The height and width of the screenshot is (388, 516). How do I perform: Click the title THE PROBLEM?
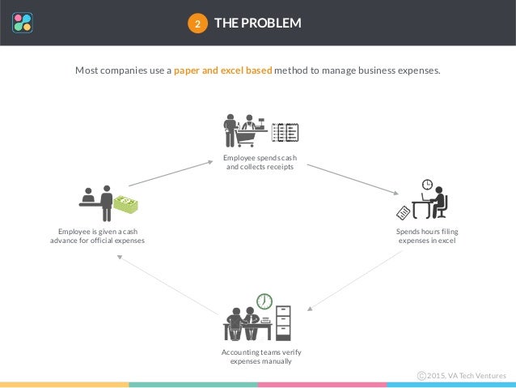coord(257,23)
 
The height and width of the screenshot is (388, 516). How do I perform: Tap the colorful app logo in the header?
coord(23,22)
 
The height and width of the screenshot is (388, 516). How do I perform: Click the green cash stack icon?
coord(125,204)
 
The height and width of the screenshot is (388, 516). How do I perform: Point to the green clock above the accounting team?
coord(264,301)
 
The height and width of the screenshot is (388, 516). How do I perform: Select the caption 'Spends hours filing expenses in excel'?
coord(426,236)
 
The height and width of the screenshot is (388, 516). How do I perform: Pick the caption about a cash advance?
coord(96,236)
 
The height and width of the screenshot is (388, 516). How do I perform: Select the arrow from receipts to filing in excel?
coord(353,179)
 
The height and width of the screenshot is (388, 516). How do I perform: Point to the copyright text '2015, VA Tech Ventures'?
coord(466,376)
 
